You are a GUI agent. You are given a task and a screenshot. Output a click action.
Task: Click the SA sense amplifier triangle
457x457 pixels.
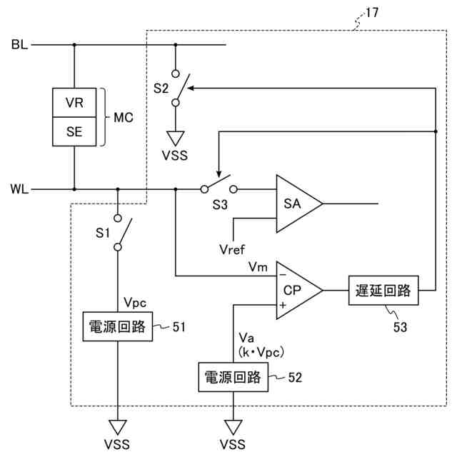pyautogui.click(x=294, y=204)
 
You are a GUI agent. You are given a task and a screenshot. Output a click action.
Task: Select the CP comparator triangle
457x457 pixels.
pyautogui.click(x=294, y=290)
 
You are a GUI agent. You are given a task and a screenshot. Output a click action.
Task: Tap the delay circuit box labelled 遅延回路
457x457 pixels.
pyautogui.click(x=383, y=290)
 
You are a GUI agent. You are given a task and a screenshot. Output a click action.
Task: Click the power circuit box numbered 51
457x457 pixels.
pyautogui.click(x=118, y=326)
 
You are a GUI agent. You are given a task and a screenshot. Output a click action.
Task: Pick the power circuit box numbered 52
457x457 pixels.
pyautogui.click(x=232, y=377)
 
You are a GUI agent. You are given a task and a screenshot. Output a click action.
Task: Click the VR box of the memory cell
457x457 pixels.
pyautogui.click(x=74, y=103)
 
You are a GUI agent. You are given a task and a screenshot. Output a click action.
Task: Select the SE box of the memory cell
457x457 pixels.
pyautogui.click(x=74, y=131)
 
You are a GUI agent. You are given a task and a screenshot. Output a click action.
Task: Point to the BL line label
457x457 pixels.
pyautogui.click(x=19, y=45)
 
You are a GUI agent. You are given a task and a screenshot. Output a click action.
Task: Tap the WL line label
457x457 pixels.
pyautogui.click(x=19, y=190)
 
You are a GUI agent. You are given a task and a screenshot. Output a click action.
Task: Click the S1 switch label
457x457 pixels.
pyautogui.click(x=104, y=232)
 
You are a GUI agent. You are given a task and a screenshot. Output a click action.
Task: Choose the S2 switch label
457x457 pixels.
pyautogui.click(x=161, y=89)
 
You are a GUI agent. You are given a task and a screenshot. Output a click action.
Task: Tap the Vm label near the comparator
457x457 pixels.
pyautogui.click(x=258, y=266)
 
